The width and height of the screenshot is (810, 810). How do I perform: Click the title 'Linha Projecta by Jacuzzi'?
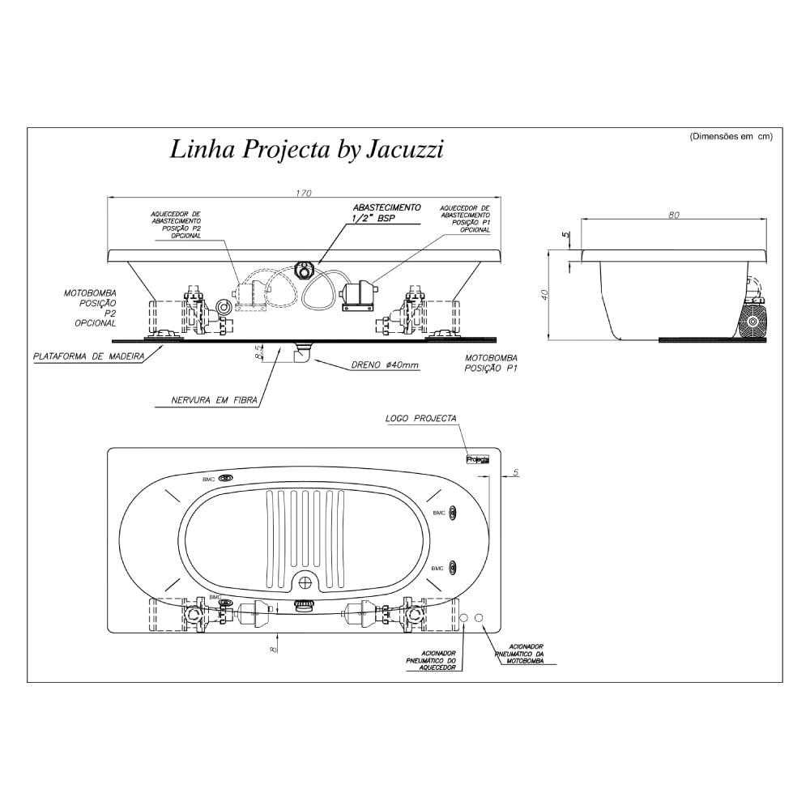pyautogui.click(x=306, y=150)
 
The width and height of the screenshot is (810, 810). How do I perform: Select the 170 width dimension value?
pyautogui.click(x=303, y=194)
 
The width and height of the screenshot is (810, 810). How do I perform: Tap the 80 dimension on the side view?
pyautogui.click(x=674, y=215)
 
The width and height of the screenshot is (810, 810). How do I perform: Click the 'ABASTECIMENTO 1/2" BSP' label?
pyautogui.click(x=386, y=213)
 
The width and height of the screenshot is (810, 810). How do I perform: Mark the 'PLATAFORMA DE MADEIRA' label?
pyautogui.click(x=88, y=356)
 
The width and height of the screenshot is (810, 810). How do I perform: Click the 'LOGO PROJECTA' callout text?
pyautogui.click(x=420, y=419)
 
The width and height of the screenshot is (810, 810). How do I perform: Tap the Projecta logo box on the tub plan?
pyautogui.click(x=478, y=458)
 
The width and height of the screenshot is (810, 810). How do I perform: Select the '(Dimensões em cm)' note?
pyautogui.click(x=731, y=137)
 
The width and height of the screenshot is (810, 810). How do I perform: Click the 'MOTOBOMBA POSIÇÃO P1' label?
pyautogui.click(x=491, y=363)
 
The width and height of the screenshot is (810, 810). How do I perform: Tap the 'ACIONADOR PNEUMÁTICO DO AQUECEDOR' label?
pyautogui.click(x=431, y=661)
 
